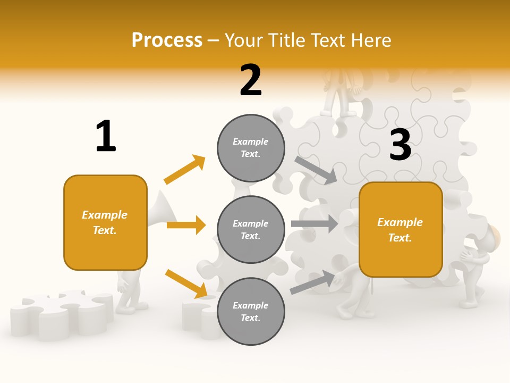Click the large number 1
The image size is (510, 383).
pos(106,136)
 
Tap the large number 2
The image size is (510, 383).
pos(251,80)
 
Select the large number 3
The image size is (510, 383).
pos(400,145)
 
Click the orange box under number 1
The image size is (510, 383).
pos(105,222)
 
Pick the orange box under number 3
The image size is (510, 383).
pos(401,230)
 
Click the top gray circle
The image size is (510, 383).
pos(251,148)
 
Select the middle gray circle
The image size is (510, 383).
pos(251,229)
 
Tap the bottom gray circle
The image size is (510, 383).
pos(251,311)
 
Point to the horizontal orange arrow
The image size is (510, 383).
pos(186,225)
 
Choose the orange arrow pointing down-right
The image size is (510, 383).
pos(186,283)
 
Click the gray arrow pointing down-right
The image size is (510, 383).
pos(316,171)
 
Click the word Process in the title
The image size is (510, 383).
pos(167,40)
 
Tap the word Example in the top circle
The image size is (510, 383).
pos(251,141)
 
